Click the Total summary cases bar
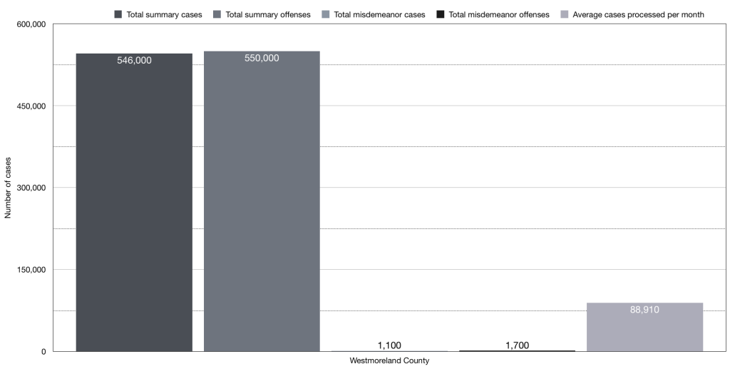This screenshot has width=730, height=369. click(x=134, y=207)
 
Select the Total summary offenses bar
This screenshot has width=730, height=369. click(x=262, y=207)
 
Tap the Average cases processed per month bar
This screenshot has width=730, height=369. click(x=644, y=328)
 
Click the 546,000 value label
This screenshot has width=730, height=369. click(x=134, y=61)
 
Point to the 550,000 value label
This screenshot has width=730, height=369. click(x=262, y=58)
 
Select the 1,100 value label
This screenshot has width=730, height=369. click(x=389, y=345)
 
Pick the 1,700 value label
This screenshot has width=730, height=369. click(x=517, y=345)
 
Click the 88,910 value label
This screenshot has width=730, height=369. click(x=644, y=310)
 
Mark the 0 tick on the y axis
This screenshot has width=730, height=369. click(x=43, y=351)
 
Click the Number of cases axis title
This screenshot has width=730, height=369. click(x=8, y=188)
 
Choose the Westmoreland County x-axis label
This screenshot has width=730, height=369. click(x=389, y=361)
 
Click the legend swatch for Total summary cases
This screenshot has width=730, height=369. click(x=118, y=14)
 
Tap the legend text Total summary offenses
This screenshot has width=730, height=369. click(x=267, y=14)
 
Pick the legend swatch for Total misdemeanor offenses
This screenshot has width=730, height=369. click(x=441, y=14)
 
